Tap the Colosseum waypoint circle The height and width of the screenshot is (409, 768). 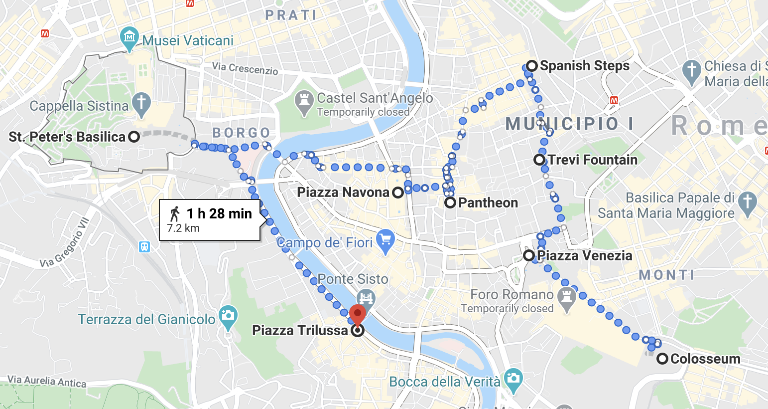(x=662, y=359)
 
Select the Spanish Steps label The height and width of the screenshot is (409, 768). (x=585, y=66)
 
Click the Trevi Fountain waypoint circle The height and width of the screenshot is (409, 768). (x=539, y=160)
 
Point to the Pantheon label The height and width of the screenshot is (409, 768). (x=488, y=203)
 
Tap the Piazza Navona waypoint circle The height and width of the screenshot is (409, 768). (x=397, y=193)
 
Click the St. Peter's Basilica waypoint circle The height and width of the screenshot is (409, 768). (x=133, y=137)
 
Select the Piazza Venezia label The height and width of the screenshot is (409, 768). (x=584, y=255)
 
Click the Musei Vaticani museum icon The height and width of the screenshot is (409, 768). (x=129, y=38)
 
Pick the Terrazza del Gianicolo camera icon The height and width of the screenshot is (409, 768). (x=228, y=316)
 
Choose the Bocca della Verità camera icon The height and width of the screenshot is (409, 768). (x=512, y=378)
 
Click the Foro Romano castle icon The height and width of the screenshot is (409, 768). (x=566, y=298)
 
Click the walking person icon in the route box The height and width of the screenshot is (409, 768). (x=174, y=214)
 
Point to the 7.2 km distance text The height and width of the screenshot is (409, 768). (x=183, y=228)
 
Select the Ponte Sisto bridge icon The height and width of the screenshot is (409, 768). (x=366, y=297)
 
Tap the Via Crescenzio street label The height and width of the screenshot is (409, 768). (x=245, y=68)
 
